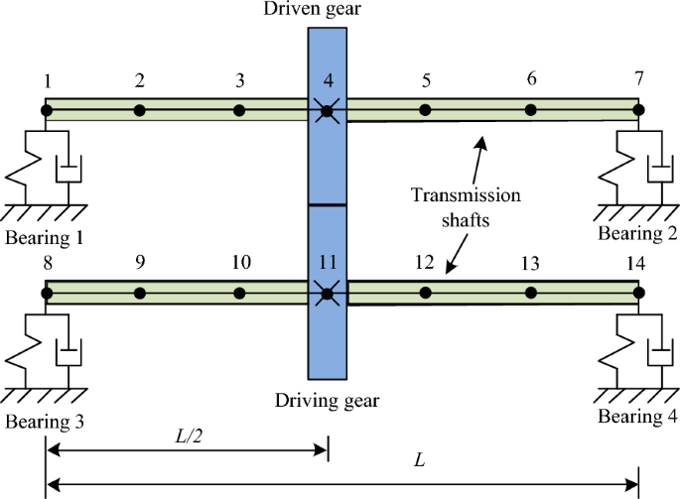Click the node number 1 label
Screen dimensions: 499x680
coord(46,79)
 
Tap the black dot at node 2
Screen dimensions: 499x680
coord(140,109)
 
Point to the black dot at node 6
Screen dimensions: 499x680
coord(531,109)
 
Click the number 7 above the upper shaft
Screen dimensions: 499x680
coord(637,77)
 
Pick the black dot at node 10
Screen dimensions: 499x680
coord(239,293)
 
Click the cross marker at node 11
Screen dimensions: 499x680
coord(326,293)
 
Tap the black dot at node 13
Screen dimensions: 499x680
coord(531,293)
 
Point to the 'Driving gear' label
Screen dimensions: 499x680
coord(328,401)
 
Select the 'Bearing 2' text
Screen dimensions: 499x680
coord(637,233)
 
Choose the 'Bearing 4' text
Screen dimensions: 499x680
coord(637,415)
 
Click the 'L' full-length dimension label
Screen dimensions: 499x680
coord(420,462)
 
